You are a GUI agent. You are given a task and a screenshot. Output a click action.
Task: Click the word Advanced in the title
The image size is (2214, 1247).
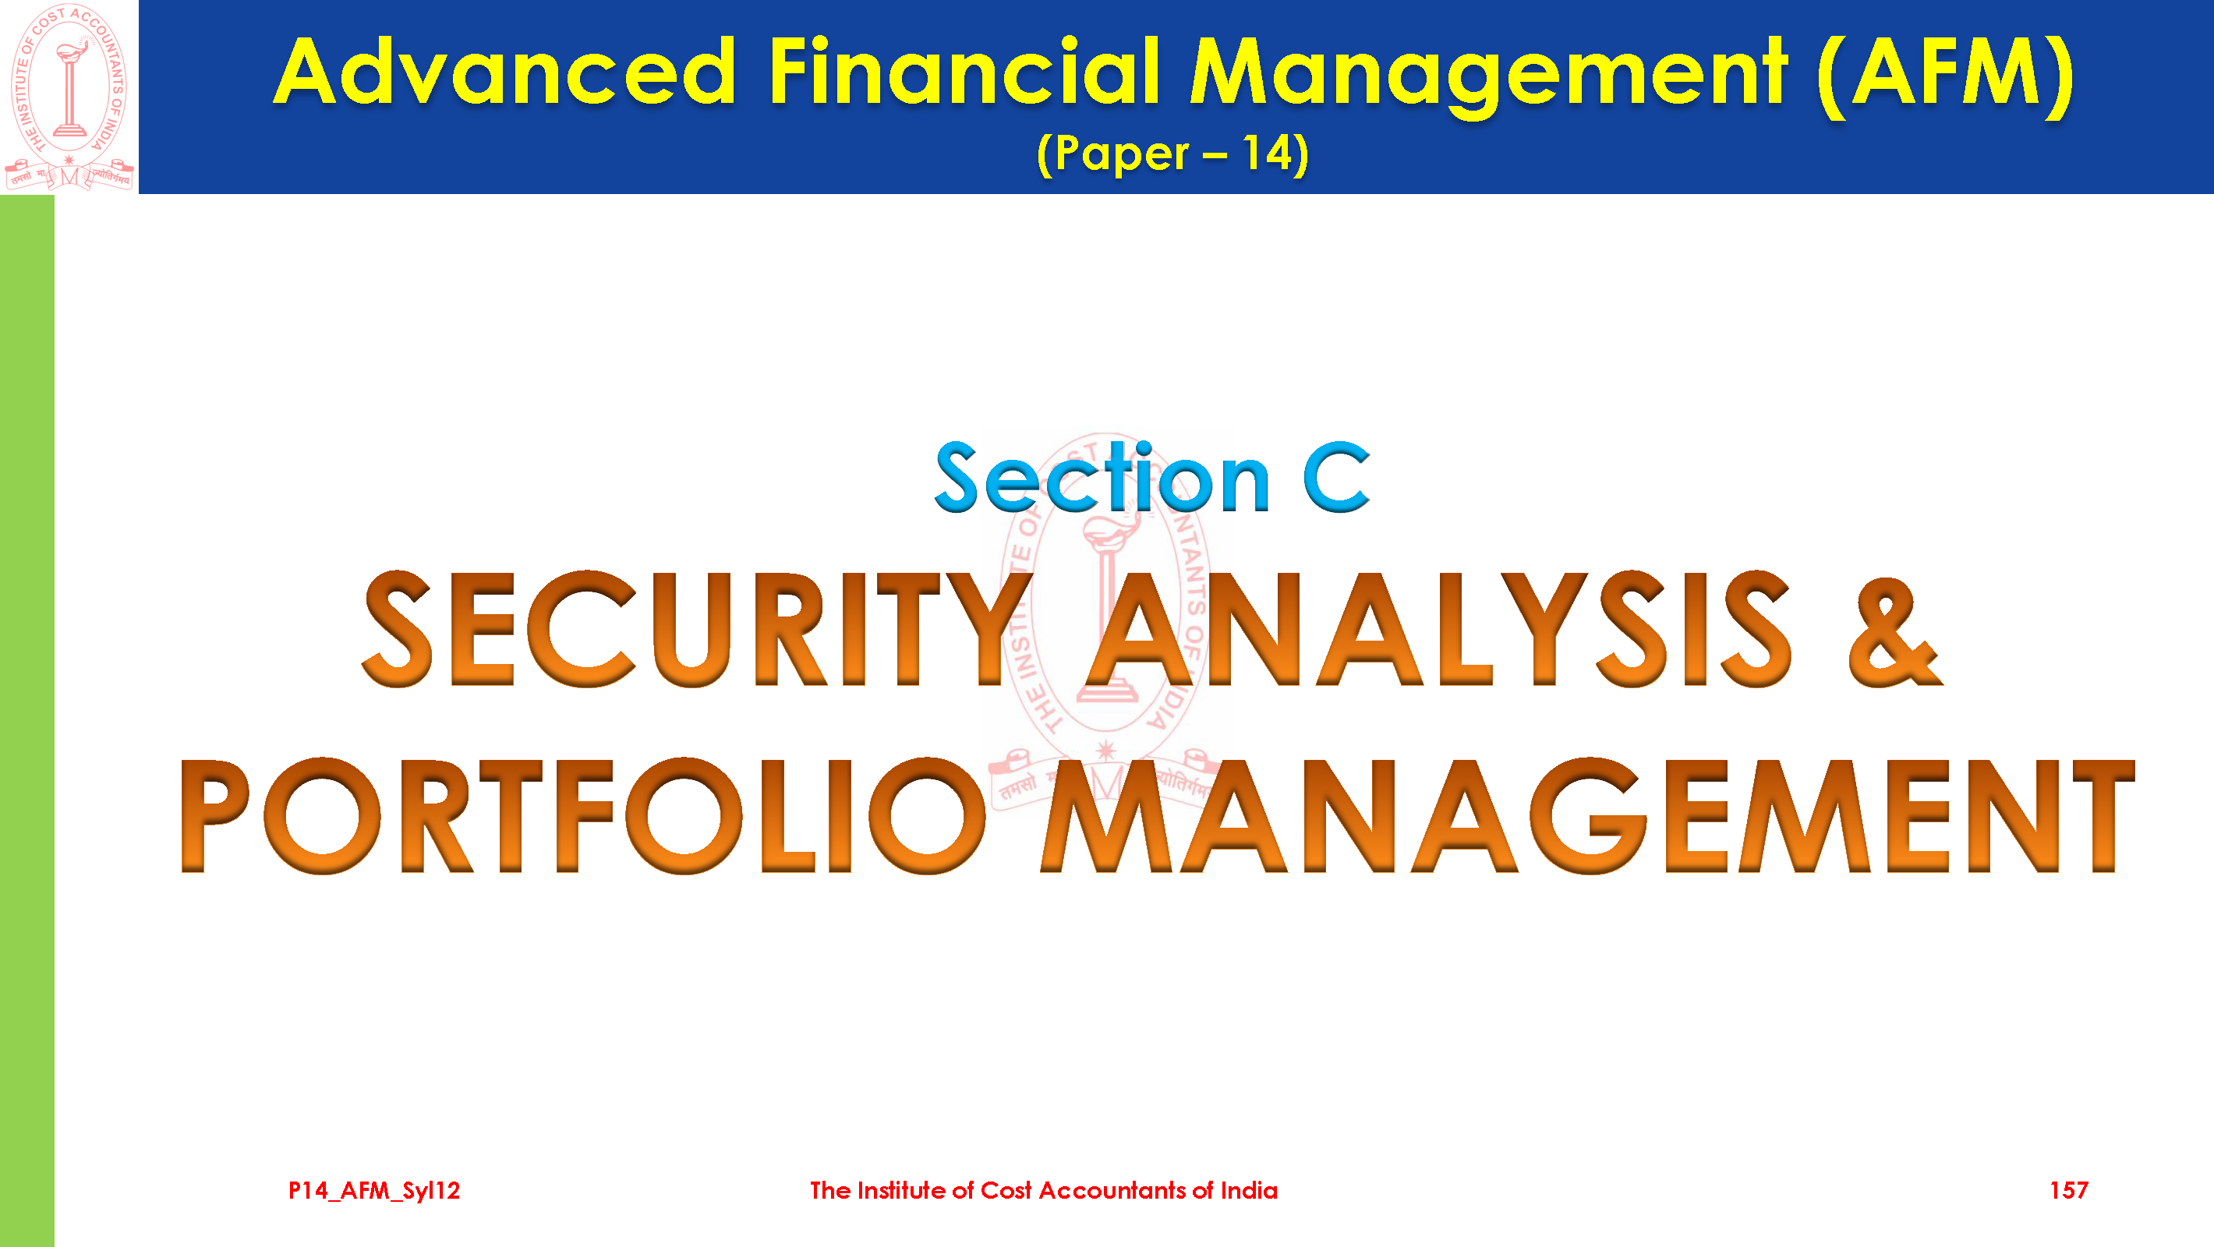pos(504,72)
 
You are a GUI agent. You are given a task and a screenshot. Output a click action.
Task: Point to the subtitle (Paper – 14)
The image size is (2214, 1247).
pos(1172,154)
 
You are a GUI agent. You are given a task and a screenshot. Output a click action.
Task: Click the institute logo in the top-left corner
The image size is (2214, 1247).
pos(69,97)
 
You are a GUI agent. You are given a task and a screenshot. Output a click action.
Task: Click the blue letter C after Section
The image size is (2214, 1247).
pos(1336,478)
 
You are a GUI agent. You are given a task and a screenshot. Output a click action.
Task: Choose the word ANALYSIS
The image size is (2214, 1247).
pos(1439,629)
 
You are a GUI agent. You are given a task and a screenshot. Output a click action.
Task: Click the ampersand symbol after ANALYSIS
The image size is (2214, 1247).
pos(1894,631)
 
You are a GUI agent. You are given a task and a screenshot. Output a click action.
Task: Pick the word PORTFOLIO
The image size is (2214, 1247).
pos(582,817)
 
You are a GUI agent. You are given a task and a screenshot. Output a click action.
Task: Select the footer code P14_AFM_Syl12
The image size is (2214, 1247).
pos(374,1190)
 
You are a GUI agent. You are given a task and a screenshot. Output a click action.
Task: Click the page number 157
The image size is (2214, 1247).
pos(2069,1190)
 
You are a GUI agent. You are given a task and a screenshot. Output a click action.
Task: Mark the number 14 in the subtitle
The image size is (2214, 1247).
pos(1268,154)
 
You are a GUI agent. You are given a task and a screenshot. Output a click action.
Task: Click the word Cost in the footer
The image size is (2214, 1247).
pos(1006,1190)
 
